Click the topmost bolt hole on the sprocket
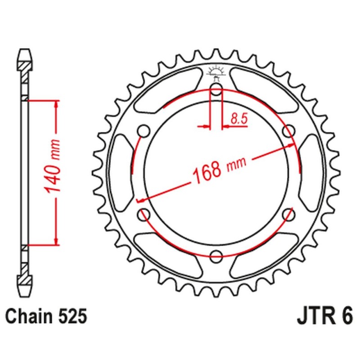pyautogui.click(x=216, y=90)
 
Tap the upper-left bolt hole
pyautogui.click(x=144, y=131)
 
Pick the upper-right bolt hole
pyautogui.click(x=288, y=131)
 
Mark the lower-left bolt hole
pyautogui.click(x=144, y=215)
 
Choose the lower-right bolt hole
pyautogui.click(x=288, y=215)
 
